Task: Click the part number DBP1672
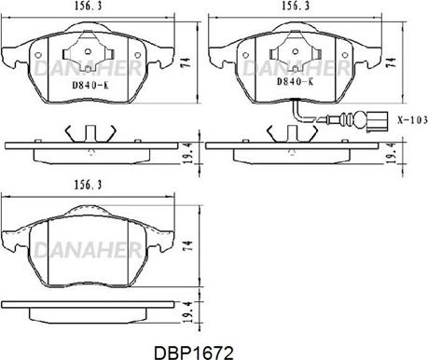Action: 194,353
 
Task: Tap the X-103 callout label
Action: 413,120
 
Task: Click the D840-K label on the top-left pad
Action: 90,85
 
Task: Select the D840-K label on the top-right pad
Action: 295,82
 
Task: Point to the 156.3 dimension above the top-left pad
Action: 88,6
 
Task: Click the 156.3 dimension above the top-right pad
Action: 296,6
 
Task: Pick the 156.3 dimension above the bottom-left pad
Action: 88,185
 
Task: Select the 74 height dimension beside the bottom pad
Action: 188,245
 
